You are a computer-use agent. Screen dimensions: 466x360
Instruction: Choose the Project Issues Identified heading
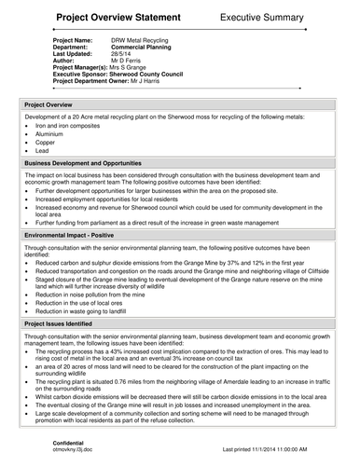point(71,322)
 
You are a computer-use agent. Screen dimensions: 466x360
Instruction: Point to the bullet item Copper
point(46,142)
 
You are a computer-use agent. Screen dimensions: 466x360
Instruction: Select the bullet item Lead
point(43,149)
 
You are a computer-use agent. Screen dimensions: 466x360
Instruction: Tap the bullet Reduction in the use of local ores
point(80,302)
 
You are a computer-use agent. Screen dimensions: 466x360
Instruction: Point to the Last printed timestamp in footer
point(274,448)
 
